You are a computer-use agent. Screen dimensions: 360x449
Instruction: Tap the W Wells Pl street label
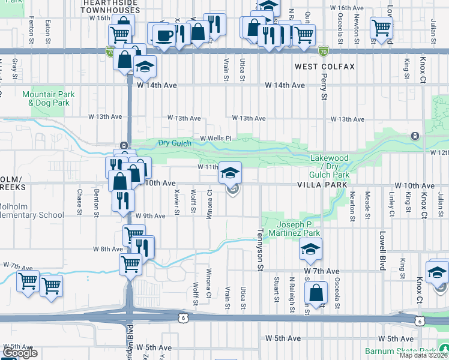[215, 138]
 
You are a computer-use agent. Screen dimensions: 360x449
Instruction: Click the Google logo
[19, 353]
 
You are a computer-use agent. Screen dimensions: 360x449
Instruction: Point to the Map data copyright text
[424, 355]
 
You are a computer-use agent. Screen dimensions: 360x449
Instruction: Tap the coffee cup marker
[164, 35]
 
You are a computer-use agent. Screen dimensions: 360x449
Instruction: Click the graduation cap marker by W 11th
[229, 173]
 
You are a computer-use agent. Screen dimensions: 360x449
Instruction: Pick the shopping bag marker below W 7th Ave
[316, 293]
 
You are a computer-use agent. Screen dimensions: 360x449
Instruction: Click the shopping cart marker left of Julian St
[381, 27]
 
